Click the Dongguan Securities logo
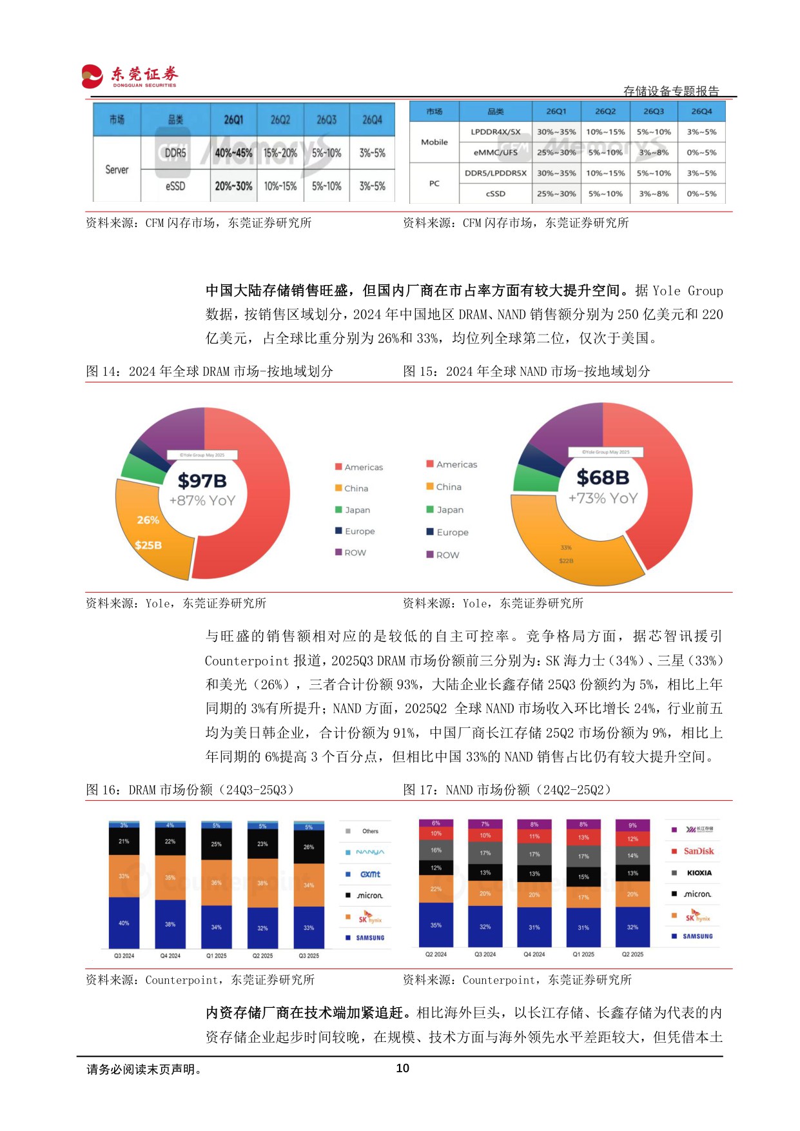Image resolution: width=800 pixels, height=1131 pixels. point(129,76)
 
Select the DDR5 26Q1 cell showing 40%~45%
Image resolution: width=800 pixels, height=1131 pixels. point(233,153)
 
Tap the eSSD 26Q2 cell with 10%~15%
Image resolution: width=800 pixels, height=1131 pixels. point(280,186)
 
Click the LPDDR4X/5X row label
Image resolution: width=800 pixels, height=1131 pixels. point(495,132)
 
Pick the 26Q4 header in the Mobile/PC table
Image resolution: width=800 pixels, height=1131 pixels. point(701,112)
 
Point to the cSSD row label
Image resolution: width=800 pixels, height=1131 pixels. point(495,193)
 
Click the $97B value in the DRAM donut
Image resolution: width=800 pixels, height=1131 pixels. point(202,480)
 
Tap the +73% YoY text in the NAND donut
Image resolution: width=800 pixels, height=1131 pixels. point(603,498)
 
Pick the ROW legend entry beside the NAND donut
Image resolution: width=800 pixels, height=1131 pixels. point(447,555)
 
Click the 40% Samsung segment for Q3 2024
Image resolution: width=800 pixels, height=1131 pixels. point(124,923)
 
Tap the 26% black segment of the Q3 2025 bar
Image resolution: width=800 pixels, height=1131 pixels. point(309,847)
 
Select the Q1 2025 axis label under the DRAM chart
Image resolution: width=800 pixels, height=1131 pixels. point(216,956)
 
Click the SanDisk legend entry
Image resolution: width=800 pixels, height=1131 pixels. point(698,851)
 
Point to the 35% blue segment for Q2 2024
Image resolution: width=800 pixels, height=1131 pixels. point(436,925)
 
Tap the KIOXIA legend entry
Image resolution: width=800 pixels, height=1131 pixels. point(699,872)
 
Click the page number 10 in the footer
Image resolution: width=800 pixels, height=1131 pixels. point(402,1068)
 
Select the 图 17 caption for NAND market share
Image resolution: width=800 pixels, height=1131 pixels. point(507,790)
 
